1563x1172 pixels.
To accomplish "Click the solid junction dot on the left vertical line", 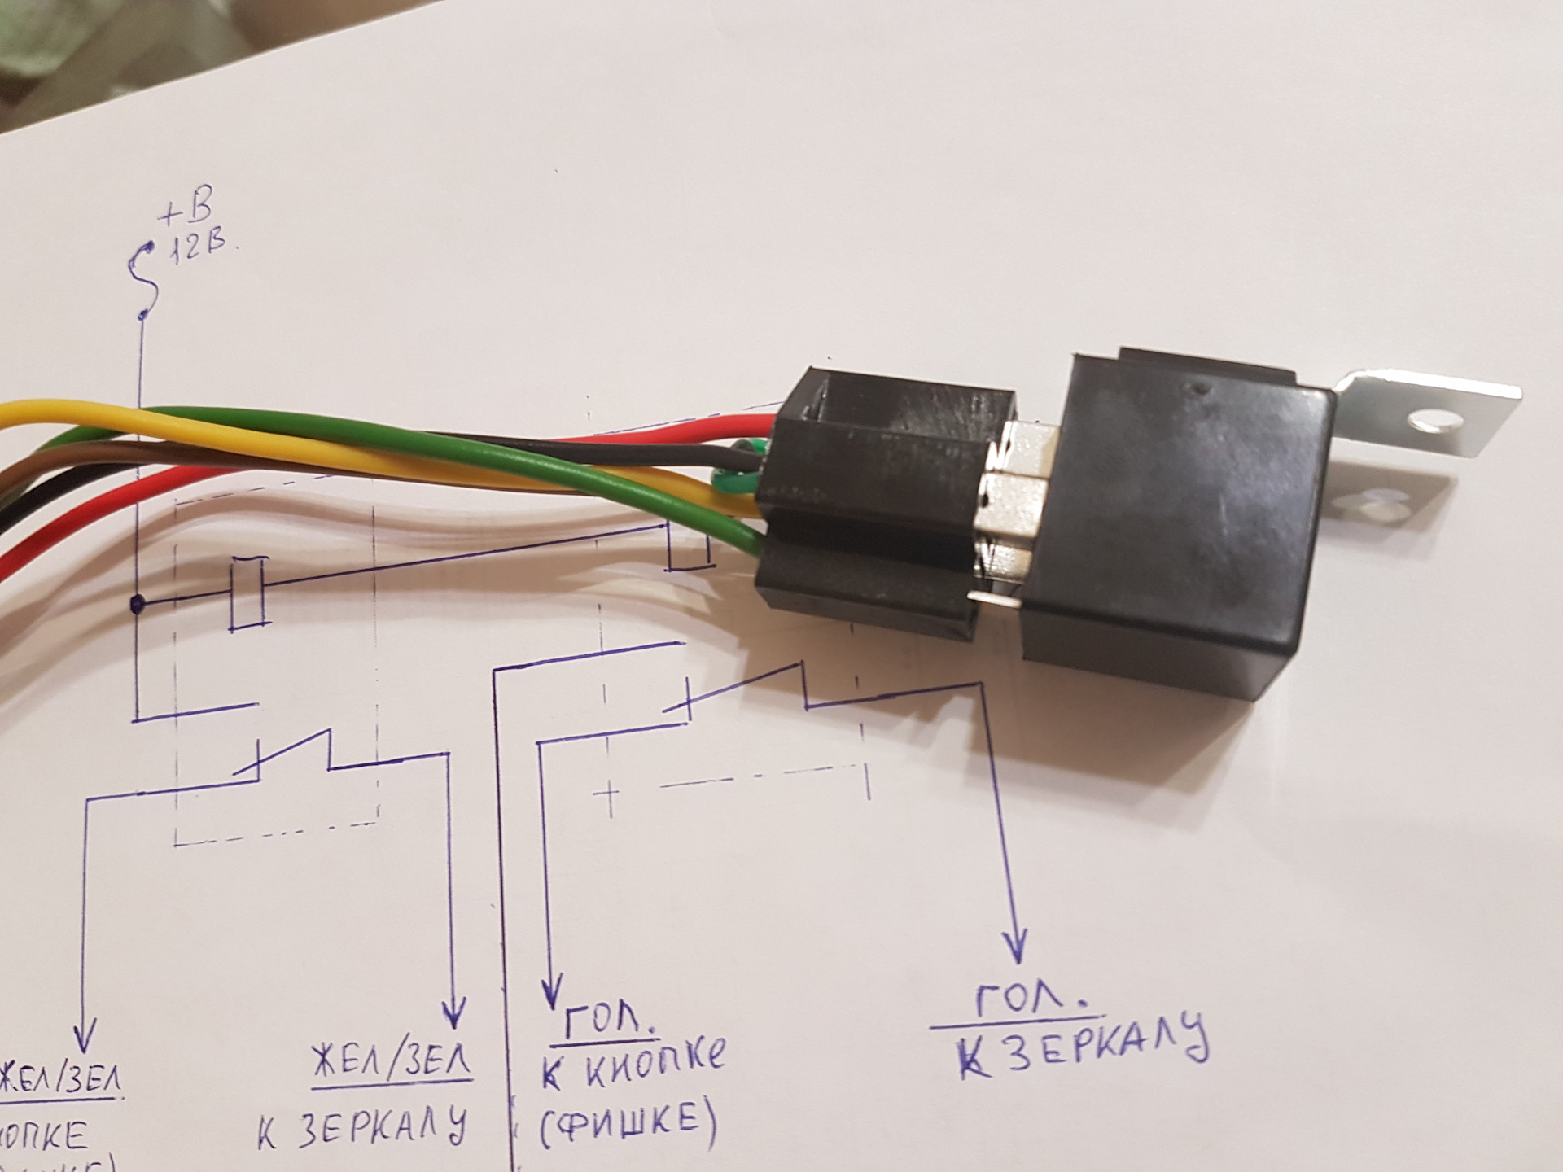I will [x=138, y=605].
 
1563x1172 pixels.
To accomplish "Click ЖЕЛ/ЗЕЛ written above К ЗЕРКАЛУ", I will [x=392, y=1061].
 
